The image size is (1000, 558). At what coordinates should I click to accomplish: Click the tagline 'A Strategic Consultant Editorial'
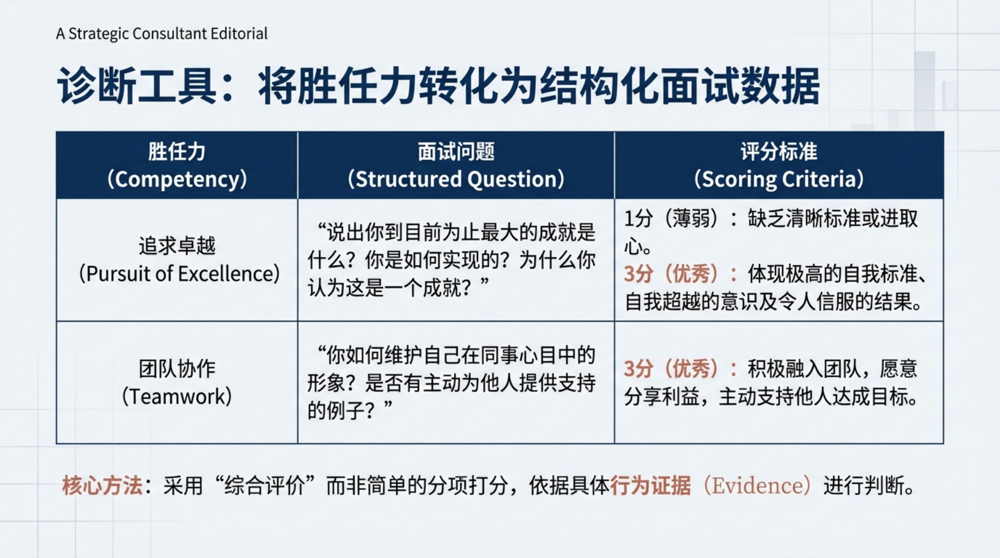click(x=162, y=34)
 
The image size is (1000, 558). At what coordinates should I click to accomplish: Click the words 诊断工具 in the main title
click(x=137, y=86)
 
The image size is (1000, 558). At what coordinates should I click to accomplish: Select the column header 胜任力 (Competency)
click(x=177, y=165)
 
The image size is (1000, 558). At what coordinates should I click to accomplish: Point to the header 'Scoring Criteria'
click(x=779, y=179)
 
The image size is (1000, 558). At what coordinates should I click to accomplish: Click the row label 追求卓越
click(x=177, y=246)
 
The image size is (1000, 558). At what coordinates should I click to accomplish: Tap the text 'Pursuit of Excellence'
click(x=180, y=274)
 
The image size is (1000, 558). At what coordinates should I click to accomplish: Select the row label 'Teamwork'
click(x=177, y=397)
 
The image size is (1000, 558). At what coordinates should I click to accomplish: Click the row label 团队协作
click(x=177, y=369)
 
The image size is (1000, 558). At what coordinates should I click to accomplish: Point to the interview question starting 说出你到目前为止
click(x=451, y=260)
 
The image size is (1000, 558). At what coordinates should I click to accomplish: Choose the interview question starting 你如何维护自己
click(x=451, y=383)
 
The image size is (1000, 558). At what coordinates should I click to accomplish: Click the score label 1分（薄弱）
click(x=676, y=218)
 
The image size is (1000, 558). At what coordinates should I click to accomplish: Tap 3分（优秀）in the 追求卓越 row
click(x=676, y=274)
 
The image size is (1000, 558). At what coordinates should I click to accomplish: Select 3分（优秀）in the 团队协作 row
click(x=676, y=369)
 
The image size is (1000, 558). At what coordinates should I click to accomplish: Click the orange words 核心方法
click(x=102, y=485)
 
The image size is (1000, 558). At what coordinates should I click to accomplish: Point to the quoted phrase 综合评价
click(x=265, y=485)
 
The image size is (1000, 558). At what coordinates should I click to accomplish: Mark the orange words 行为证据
click(x=651, y=485)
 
